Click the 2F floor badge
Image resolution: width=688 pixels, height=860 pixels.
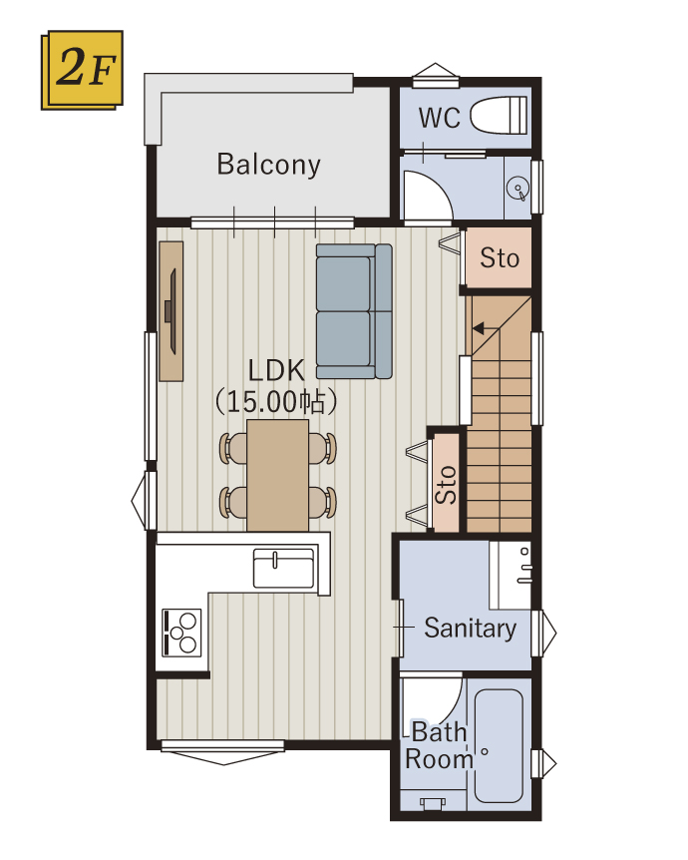point(82,70)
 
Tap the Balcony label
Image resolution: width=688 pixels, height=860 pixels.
point(268,165)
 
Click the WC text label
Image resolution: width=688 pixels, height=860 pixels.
point(440,118)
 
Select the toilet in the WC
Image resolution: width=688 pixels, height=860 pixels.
point(500,115)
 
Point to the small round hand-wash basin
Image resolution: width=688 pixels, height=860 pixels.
point(517,189)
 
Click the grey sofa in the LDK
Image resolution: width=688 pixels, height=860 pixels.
point(354,311)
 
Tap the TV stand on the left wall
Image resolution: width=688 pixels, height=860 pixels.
point(172,311)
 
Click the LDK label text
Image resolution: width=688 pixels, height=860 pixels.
point(276,371)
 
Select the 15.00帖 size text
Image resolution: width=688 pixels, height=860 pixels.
point(275,402)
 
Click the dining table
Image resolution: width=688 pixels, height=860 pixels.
point(277,476)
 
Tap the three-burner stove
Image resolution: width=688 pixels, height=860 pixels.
point(182,633)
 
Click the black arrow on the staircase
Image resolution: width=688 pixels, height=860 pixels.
point(480,328)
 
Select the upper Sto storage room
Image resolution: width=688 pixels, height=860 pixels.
point(499,257)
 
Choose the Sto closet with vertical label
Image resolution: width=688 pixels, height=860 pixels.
point(446,483)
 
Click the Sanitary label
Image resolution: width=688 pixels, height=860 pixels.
point(471,629)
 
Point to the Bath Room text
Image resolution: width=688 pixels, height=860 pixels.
point(439,746)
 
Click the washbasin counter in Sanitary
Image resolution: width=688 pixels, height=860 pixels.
point(510,575)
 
